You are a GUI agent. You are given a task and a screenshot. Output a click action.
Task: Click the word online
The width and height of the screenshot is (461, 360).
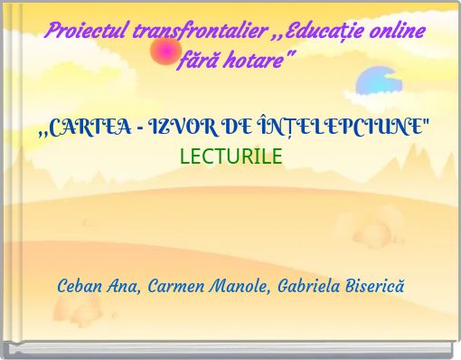[394, 33]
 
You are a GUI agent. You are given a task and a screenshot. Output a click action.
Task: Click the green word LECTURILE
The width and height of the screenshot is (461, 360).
[230, 156]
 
